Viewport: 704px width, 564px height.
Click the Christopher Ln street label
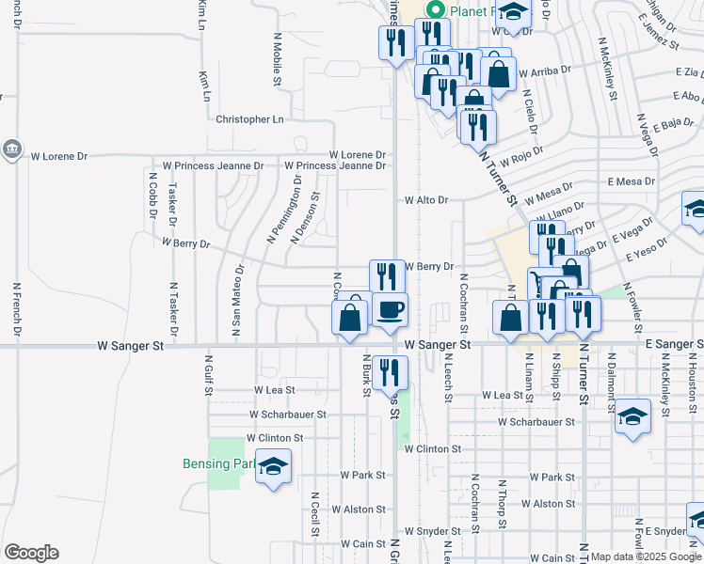pyautogui.click(x=249, y=119)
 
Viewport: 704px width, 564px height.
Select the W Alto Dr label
pyautogui.click(x=426, y=200)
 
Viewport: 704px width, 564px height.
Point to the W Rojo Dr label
pyautogui.click(x=524, y=154)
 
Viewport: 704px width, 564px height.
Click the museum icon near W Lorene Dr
pyautogui.click(x=11, y=149)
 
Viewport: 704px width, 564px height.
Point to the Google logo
pyautogui.click(x=31, y=553)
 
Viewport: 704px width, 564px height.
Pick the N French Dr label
pyautogui.click(x=17, y=309)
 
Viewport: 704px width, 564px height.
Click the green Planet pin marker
pyautogui.click(x=435, y=10)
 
